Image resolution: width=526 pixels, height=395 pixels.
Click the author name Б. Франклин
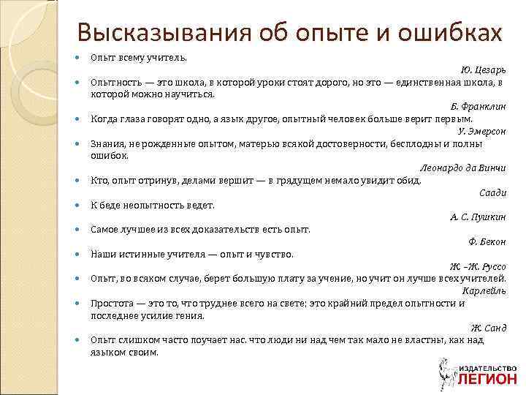(478, 106)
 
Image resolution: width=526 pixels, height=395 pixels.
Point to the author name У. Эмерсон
(481, 131)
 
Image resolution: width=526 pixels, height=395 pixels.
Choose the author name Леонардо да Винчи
(463, 168)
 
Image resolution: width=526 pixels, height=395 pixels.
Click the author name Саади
(492, 193)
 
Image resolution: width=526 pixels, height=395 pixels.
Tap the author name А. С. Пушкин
(478, 217)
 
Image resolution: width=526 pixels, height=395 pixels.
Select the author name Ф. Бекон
(487, 242)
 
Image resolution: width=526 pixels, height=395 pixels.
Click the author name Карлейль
(484, 291)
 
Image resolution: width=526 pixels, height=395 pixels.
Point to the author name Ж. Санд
(488, 328)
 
